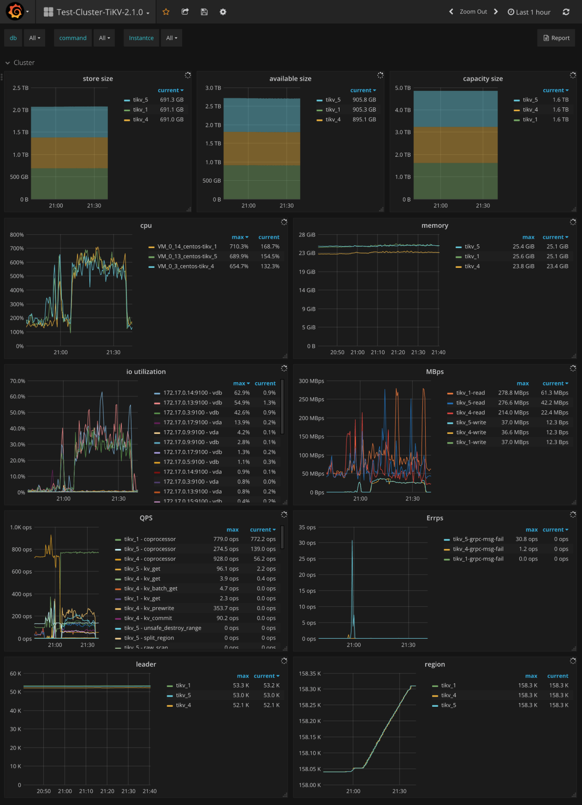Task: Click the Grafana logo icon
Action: coord(15,12)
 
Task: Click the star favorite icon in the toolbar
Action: coord(166,12)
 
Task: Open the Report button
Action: coord(557,38)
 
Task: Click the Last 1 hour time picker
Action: coord(529,12)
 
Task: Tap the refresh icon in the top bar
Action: coord(566,12)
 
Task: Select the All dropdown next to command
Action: coord(105,38)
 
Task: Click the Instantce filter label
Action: coord(141,38)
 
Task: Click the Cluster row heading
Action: coord(24,63)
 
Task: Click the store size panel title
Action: coord(98,79)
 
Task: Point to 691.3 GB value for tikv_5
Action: coord(172,100)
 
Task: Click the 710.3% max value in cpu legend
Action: coord(239,247)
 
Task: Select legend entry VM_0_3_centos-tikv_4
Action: coord(185,266)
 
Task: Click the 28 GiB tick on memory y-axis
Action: coord(307,235)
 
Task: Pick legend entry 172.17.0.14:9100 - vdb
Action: coord(192,393)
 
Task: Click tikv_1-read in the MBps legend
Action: coord(470,393)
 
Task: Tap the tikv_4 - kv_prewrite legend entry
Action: coord(149,608)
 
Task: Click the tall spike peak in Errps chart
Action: coord(352,541)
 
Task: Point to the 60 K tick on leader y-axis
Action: coord(16,674)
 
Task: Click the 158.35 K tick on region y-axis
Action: coord(310,674)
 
